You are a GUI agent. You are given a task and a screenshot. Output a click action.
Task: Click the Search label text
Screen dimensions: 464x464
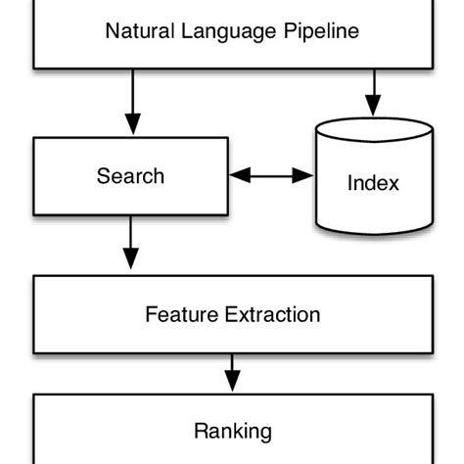pos(130,177)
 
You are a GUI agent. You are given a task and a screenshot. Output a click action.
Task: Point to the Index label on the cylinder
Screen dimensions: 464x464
pos(373,183)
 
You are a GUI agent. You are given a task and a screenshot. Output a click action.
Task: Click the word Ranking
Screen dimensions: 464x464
pos(232,431)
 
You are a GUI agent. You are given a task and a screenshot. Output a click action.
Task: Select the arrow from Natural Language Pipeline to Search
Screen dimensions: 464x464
pos(130,102)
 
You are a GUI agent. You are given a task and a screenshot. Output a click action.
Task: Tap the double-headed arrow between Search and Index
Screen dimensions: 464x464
pos(270,177)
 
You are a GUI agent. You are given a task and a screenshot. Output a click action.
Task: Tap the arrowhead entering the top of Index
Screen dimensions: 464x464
pos(373,105)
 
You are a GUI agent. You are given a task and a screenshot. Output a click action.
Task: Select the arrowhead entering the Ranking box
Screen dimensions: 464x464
pos(232,383)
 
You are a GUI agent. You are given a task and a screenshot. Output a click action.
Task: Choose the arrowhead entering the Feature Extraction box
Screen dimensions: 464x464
pos(130,261)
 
